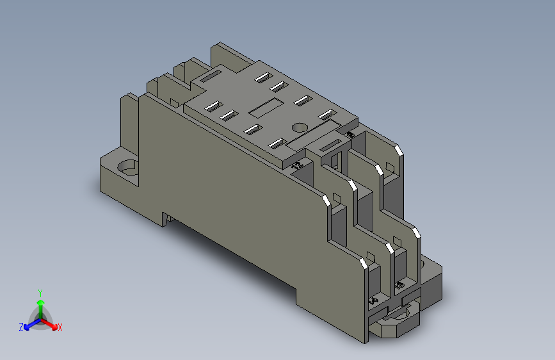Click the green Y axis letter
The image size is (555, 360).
point(40,291)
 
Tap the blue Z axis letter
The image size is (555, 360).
point(21,327)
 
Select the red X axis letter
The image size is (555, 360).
point(60,328)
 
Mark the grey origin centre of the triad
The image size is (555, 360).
point(40,318)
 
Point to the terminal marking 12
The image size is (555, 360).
point(296,165)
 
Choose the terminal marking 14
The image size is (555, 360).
point(374,299)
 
